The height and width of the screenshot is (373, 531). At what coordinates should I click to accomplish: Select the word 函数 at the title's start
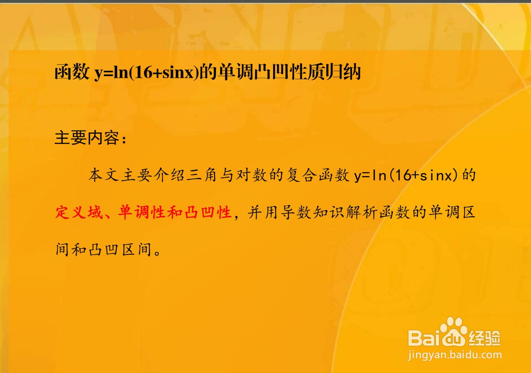click(x=72, y=72)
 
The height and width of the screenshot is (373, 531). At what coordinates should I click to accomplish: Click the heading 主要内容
click(x=87, y=138)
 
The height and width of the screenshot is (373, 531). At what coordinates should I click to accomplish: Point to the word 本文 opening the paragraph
click(x=103, y=175)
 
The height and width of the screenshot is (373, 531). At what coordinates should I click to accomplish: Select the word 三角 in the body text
click(x=202, y=175)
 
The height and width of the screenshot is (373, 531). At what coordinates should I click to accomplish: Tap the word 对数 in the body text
click(x=251, y=175)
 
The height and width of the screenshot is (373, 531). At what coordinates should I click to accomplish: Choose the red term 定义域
click(x=79, y=212)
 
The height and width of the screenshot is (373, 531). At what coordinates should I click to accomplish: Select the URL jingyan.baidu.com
click(x=455, y=355)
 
